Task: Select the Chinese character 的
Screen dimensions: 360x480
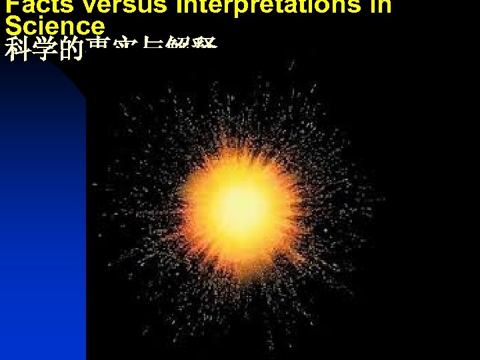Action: click(71, 50)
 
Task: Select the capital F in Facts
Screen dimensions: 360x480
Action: click(11, 5)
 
